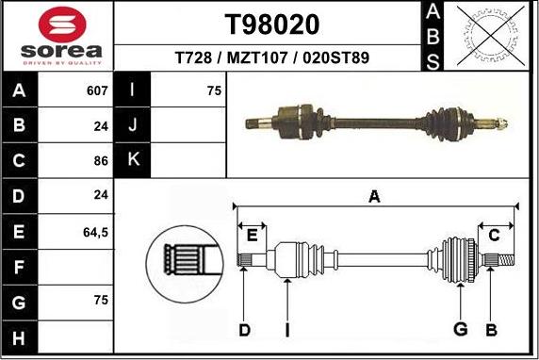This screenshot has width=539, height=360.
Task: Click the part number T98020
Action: click(x=272, y=24)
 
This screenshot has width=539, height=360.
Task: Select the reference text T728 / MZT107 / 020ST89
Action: click(x=272, y=58)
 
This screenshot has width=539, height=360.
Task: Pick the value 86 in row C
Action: click(x=101, y=160)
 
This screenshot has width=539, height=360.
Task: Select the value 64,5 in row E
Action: click(x=97, y=230)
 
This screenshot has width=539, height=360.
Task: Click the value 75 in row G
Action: click(x=101, y=300)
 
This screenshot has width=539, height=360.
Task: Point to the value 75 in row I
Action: click(x=214, y=91)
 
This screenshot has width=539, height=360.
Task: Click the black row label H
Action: click(x=19, y=335)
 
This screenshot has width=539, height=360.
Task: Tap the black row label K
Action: click(x=132, y=160)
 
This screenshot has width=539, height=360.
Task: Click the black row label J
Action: click(x=132, y=125)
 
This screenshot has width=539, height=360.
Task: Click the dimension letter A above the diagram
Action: click(x=374, y=197)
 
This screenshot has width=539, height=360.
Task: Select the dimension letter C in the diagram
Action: click(x=493, y=236)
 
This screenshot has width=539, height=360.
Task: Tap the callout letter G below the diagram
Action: click(x=460, y=329)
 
